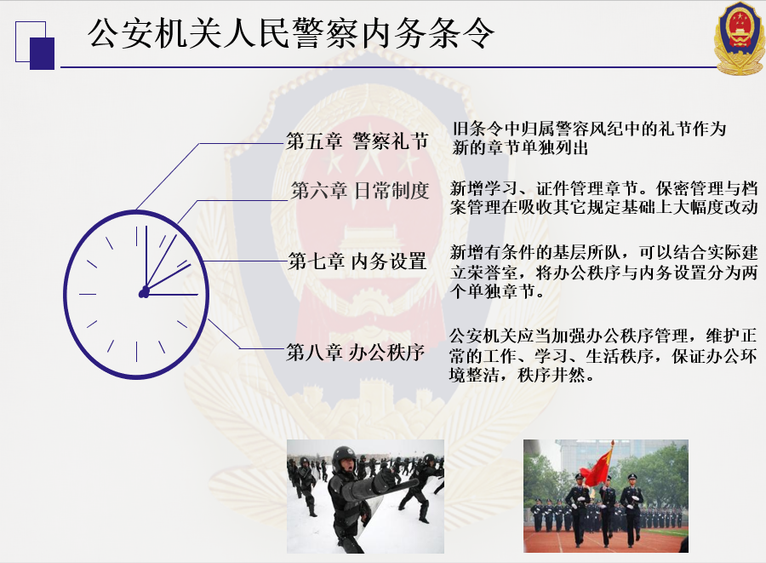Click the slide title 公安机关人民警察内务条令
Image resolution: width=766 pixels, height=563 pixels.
tap(291, 33)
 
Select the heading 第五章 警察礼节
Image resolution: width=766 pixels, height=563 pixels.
tap(357, 141)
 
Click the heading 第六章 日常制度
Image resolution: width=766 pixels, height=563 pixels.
tap(360, 190)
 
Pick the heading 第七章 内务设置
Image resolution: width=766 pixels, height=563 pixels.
tap(357, 261)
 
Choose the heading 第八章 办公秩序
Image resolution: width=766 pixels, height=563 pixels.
tap(355, 352)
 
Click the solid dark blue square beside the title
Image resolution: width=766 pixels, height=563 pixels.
tap(42, 54)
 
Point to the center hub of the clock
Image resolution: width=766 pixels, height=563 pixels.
tap(144, 293)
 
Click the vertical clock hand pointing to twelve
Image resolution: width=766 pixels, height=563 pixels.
tap(146, 259)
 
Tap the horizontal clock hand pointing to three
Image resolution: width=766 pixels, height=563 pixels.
tap(171, 295)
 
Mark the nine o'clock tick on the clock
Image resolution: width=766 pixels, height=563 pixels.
tap(88, 295)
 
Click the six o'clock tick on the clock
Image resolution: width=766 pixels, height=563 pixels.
tap(136, 352)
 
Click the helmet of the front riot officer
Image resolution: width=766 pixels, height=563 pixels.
tap(344, 457)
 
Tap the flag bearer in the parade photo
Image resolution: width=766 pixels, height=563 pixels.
tap(606, 508)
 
